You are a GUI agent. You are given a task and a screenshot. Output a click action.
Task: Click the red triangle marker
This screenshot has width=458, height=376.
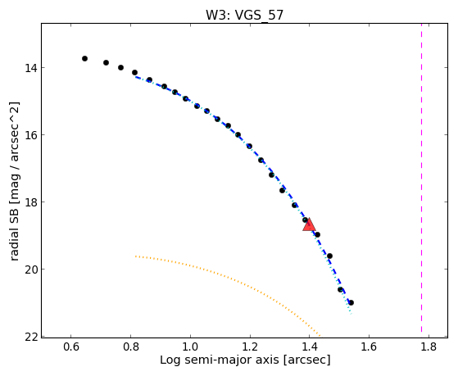pos(309,224)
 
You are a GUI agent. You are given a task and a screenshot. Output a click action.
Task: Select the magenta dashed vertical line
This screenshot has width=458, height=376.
pos(421,178)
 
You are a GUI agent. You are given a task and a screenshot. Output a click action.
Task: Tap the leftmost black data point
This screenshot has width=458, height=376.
pos(84,58)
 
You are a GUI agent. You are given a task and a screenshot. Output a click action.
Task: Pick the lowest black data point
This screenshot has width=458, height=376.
pos(351,302)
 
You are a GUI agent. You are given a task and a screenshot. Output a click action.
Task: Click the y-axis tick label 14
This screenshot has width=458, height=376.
pos(31,68)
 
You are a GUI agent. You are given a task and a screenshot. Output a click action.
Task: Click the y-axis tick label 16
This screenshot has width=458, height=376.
pos(31,135)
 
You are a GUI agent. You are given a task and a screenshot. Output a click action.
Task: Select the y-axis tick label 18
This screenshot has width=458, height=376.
pos(31,202)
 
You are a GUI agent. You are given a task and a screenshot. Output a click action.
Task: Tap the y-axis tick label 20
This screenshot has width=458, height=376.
pos(31,270)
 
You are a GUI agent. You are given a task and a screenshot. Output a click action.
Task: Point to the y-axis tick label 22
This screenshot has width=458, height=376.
pos(31,337)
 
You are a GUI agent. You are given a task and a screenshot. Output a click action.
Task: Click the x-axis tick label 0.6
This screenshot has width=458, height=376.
pos(71,347)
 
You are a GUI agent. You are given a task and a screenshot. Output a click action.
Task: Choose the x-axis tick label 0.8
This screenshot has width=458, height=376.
pos(131,347)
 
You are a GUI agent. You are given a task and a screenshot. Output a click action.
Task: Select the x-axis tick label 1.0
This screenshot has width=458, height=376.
pos(190,347)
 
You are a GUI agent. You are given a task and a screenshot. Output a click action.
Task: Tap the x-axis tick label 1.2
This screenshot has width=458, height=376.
pos(250,347)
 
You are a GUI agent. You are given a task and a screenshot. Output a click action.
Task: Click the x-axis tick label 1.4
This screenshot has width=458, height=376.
pos(310,347)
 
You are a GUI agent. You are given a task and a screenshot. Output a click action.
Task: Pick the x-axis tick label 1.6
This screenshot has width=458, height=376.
pos(370,347)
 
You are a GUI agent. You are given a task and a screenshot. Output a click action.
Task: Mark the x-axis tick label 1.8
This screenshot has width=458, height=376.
pos(429,347)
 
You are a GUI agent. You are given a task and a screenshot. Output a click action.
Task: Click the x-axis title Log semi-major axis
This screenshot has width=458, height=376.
pos(220,360)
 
